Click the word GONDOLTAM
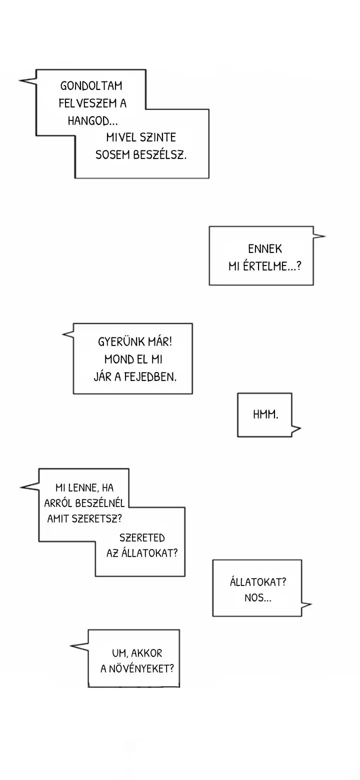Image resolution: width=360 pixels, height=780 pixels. (x=91, y=85)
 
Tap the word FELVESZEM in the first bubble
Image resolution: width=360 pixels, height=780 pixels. (x=87, y=103)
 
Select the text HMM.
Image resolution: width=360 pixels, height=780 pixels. (x=265, y=414)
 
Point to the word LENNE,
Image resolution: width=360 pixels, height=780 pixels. (x=83, y=488)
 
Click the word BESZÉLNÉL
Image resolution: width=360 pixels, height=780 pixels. (x=99, y=503)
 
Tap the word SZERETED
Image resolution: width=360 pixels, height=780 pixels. (x=142, y=538)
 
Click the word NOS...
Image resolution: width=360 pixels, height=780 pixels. (x=258, y=598)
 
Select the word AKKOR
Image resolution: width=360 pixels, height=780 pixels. (x=146, y=653)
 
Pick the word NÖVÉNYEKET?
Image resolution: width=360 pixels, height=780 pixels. (x=141, y=668)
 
